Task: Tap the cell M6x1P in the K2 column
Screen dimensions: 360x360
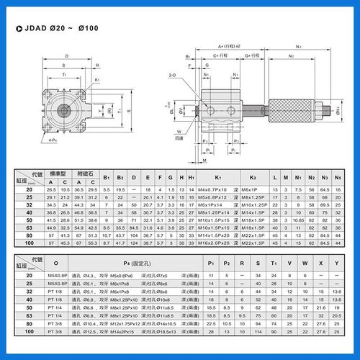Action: point(253,188)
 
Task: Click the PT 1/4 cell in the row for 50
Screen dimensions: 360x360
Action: point(56,307)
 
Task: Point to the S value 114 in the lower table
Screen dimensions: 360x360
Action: point(257,332)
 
